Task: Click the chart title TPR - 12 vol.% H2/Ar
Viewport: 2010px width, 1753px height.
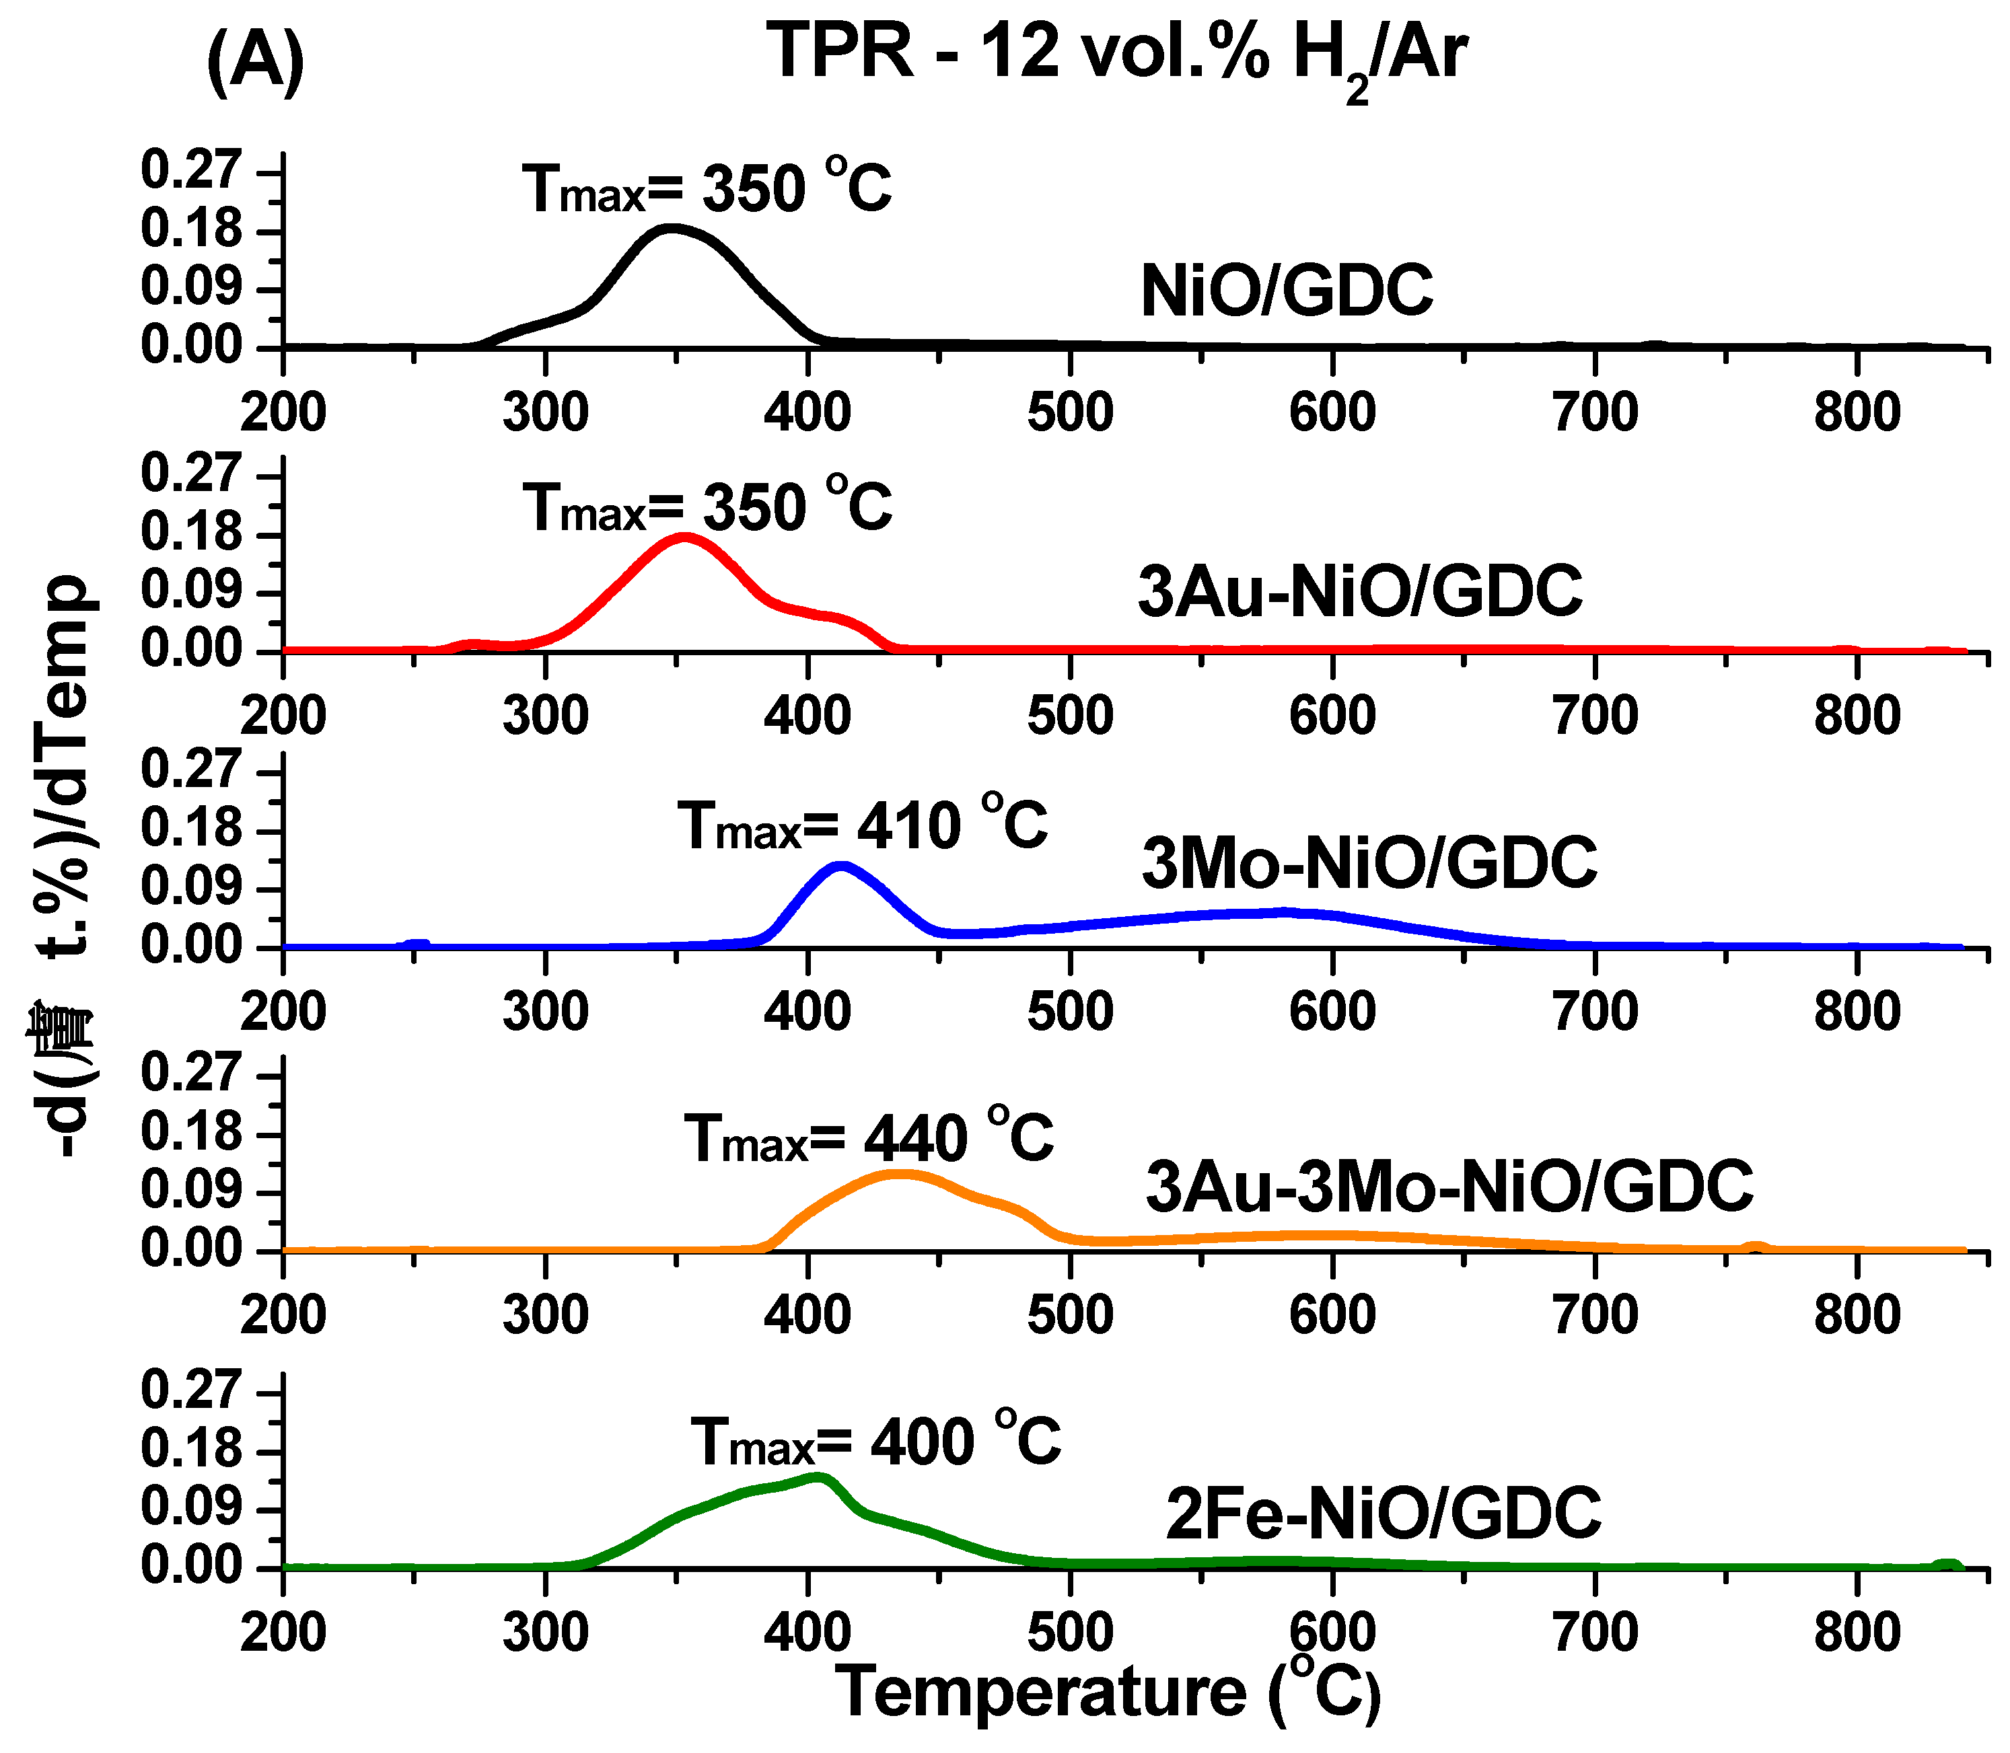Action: [1116, 54]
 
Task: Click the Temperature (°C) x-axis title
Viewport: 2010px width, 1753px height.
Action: [1111, 1695]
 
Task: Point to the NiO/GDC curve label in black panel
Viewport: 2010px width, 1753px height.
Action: [1287, 291]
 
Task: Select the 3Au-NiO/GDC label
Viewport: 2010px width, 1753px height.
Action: [1360, 592]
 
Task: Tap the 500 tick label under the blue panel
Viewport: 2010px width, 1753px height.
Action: [1069, 1012]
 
